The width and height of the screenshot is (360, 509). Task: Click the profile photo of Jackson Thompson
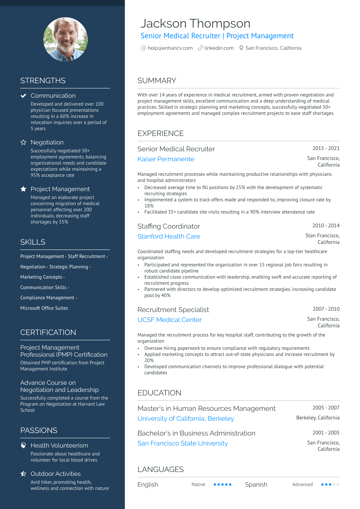click(x=65, y=39)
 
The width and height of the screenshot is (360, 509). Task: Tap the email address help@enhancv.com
click(x=170, y=48)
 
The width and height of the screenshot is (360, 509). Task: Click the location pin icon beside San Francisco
click(x=241, y=48)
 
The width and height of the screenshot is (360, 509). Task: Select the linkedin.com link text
click(x=219, y=48)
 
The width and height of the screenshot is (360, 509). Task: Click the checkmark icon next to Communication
click(x=23, y=96)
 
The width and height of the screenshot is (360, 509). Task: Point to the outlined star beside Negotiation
click(x=23, y=142)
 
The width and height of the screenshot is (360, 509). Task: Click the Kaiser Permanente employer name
click(x=166, y=159)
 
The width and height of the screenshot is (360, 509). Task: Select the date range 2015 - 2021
click(x=326, y=148)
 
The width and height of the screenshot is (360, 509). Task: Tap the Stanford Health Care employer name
click(x=169, y=237)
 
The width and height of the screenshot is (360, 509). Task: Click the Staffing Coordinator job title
click(x=169, y=226)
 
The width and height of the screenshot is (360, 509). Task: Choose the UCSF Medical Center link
click(x=170, y=320)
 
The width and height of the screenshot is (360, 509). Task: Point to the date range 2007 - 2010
click(x=326, y=309)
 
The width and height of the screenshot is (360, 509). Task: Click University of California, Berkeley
click(x=186, y=419)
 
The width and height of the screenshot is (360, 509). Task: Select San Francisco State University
click(x=183, y=443)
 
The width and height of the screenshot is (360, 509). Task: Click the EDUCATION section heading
click(x=159, y=393)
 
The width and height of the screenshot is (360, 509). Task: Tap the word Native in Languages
click(x=198, y=485)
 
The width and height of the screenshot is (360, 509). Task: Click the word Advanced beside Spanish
click(x=302, y=485)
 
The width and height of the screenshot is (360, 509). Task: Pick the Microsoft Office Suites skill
click(x=44, y=308)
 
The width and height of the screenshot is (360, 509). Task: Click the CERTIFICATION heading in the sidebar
click(x=48, y=332)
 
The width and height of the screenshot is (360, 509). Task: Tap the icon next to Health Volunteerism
click(x=23, y=445)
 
